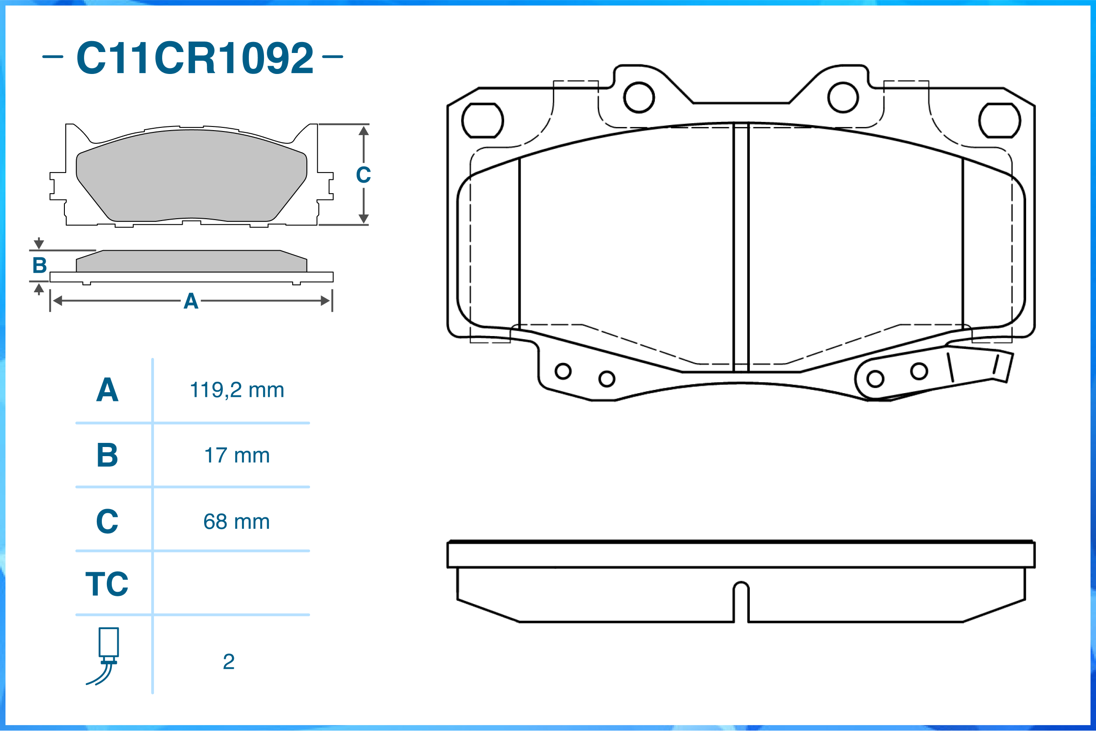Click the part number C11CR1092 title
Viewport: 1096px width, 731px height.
[x=195, y=58]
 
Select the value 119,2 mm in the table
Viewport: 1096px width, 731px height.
[x=237, y=390]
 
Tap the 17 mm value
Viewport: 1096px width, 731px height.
[x=237, y=455]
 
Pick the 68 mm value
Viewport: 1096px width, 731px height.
[x=237, y=521]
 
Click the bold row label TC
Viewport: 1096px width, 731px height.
[x=107, y=584]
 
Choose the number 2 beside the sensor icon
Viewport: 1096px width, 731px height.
[x=228, y=662]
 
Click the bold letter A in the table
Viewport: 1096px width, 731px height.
[x=107, y=390]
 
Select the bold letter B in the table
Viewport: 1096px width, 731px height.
[x=107, y=455]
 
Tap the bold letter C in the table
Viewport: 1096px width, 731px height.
[x=107, y=521]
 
